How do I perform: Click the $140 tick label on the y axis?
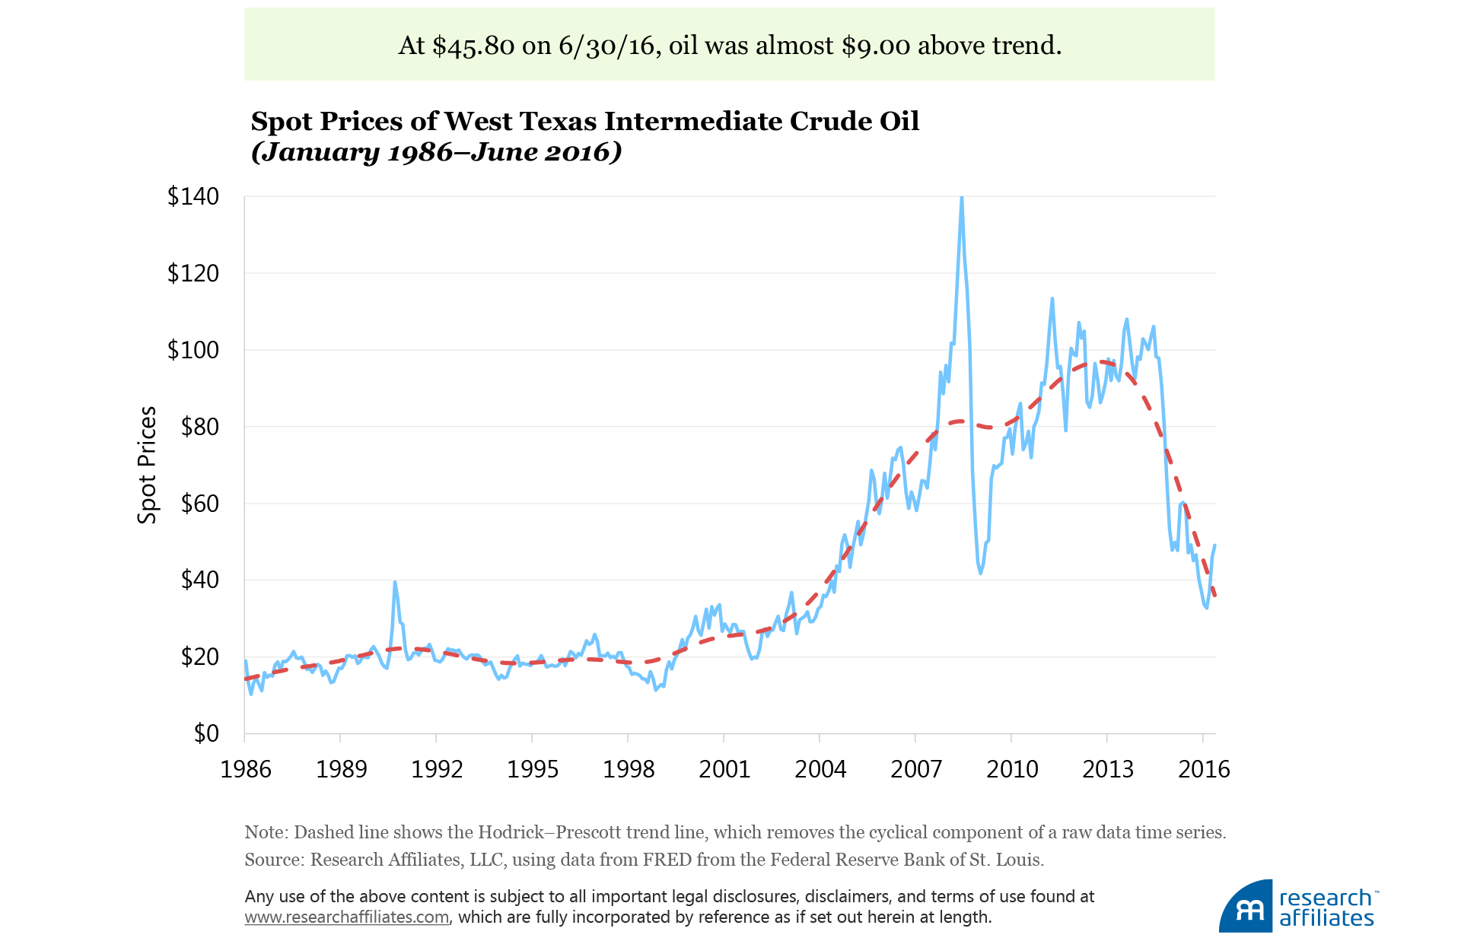tap(193, 197)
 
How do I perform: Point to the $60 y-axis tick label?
tap(199, 504)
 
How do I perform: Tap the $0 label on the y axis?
tap(206, 733)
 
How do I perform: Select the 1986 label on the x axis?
tap(246, 769)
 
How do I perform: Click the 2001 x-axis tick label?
tap(724, 769)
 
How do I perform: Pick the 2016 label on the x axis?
tap(1204, 769)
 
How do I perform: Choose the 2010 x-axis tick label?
tap(1012, 769)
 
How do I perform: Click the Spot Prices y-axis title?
tap(147, 465)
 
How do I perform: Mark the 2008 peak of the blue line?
tap(962, 198)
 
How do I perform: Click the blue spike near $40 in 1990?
tap(395, 583)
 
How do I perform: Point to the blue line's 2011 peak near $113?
tap(1052, 299)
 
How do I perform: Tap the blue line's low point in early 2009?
tap(980, 572)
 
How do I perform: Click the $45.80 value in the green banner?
tap(473, 46)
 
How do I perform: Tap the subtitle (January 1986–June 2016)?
tap(436, 152)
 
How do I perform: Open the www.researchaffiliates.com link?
tap(347, 917)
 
